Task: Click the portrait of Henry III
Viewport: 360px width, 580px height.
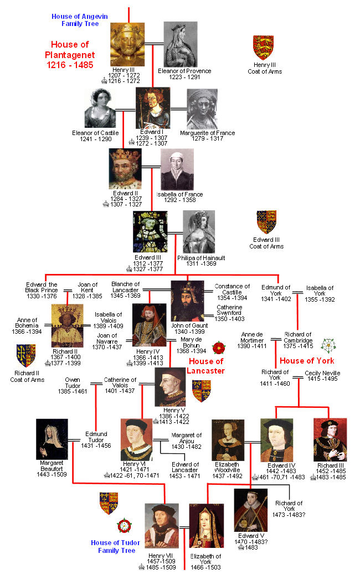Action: point(127,45)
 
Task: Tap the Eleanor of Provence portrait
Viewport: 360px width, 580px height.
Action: point(181,45)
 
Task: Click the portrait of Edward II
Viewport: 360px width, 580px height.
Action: point(125,169)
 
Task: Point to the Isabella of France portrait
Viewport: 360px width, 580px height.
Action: point(177,169)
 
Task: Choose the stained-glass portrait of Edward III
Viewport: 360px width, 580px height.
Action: point(150,231)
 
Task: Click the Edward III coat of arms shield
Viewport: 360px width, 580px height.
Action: point(266,221)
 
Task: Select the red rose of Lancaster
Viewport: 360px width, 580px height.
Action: point(218,348)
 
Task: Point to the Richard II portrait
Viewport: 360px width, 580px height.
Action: point(67,326)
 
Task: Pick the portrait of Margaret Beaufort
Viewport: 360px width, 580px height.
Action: point(52,439)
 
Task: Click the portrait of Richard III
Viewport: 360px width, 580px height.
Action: point(330,439)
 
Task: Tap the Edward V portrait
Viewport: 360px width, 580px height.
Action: point(250,510)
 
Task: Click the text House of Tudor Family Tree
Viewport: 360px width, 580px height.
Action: point(116,547)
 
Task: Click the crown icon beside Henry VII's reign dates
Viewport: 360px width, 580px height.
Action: point(142,567)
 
